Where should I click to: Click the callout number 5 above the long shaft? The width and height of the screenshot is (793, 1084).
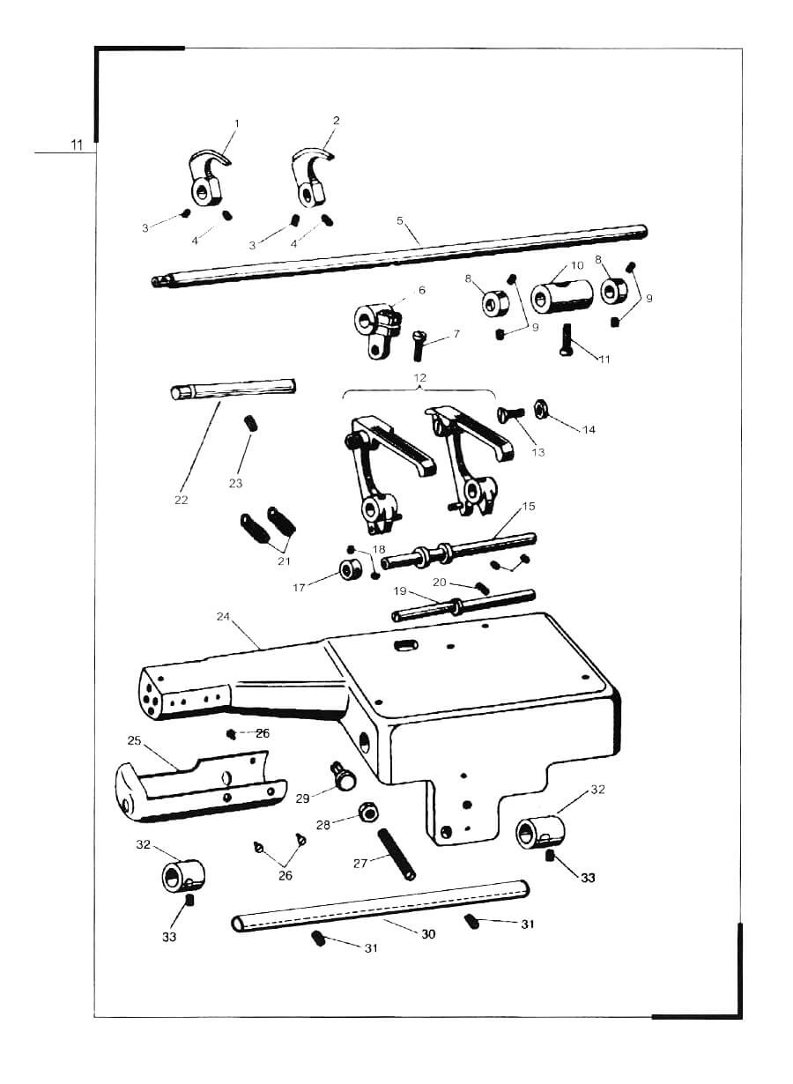point(399,220)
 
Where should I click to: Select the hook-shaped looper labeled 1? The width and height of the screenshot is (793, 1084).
point(207,180)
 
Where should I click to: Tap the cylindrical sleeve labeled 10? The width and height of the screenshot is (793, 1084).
point(562,296)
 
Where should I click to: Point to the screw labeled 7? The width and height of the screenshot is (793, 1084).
point(419,345)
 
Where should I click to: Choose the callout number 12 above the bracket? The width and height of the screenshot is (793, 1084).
point(420,377)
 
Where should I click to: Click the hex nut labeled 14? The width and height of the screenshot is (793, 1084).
point(541,410)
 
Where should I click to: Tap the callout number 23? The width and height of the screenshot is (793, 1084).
point(235,483)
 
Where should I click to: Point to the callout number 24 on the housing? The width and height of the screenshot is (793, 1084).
point(223,617)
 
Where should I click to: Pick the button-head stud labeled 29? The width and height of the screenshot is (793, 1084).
point(343,780)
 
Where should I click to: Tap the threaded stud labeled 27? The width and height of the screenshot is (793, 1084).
point(396,854)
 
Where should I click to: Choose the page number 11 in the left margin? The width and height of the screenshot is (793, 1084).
point(77,145)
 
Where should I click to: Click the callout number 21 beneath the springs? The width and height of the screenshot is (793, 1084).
point(284,561)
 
